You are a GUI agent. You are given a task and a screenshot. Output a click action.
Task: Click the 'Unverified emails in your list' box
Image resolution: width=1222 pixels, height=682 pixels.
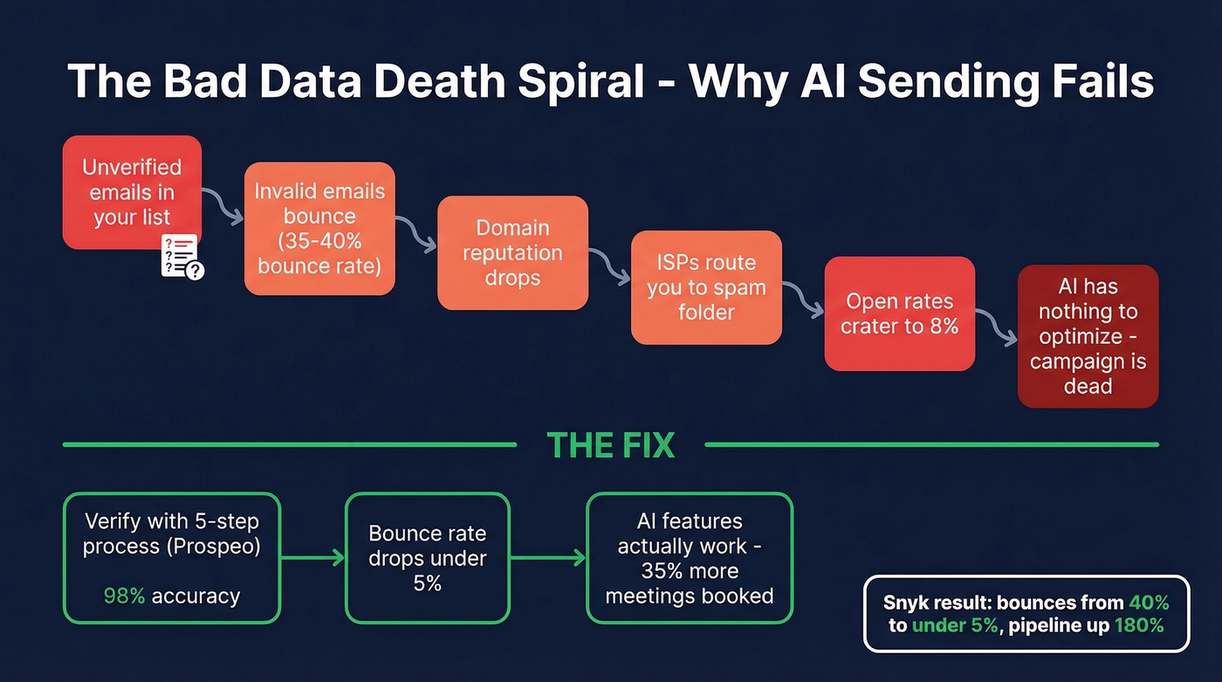coord(132,192)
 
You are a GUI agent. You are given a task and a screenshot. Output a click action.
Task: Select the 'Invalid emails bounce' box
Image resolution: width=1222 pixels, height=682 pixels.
coord(319,228)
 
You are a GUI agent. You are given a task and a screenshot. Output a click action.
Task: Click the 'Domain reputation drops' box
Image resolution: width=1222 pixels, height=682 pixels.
coord(512,253)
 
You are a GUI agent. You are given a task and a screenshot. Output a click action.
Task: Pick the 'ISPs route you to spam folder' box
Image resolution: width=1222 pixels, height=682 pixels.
coord(706,287)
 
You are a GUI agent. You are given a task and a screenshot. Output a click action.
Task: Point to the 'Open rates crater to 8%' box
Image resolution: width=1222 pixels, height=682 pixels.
coord(899,313)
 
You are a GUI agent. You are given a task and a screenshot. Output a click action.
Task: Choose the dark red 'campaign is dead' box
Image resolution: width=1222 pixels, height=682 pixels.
coord(1088,336)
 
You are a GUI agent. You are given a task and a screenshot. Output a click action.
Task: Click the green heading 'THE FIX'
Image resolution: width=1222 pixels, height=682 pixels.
coord(610,445)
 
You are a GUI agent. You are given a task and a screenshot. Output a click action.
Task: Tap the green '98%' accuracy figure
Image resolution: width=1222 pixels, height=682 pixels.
coord(124,596)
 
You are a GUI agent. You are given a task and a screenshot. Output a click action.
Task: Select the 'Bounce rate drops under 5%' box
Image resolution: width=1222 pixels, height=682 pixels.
coord(427,558)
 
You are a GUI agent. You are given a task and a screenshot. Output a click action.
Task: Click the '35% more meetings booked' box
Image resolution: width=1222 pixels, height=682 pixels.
coord(689,558)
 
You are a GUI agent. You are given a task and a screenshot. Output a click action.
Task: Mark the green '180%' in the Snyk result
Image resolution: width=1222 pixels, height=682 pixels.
coord(1139,625)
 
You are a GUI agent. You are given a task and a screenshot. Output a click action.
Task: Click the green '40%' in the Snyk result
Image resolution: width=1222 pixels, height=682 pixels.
coord(1148,603)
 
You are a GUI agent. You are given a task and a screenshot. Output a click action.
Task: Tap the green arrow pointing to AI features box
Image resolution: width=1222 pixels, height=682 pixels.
coord(547,558)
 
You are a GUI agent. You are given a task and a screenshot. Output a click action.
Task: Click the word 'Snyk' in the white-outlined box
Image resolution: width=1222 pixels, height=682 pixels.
coord(906,603)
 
